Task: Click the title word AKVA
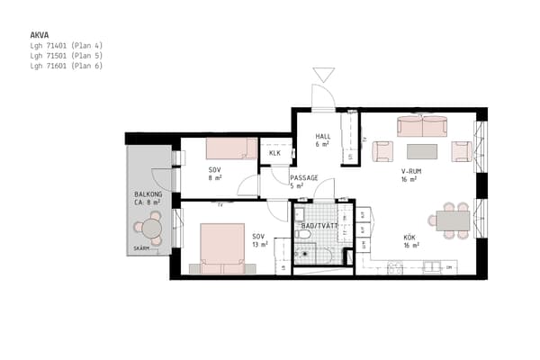[x=39, y=35]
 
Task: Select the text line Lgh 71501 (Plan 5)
[x=67, y=56]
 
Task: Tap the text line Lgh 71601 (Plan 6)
[x=67, y=66]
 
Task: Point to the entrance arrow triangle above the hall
[x=323, y=75]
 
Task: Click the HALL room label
[x=323, y=137]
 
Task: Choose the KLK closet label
[x=274, y=154]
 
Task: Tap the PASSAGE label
[x=304, y=178]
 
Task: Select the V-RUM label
[x=410, y=171]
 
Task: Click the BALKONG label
[x=148, y=194]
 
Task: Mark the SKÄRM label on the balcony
[x=141, y=248]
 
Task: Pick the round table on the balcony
[x=152, y=229]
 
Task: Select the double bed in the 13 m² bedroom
[x=222, y=247]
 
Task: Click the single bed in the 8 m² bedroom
[x=231, y=148]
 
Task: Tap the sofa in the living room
[x=422, y=126]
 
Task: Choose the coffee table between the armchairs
[x=422, y=151]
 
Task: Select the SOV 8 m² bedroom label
[x=214, y=174]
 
